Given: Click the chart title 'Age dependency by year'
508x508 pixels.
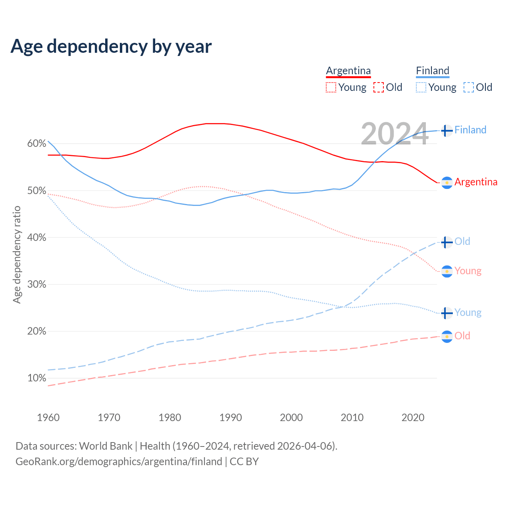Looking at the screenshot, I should (111, 46).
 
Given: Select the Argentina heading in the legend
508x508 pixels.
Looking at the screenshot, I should (348, 71).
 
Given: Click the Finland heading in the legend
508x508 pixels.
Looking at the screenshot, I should (433, 71).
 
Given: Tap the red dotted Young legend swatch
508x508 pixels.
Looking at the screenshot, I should (331, 87).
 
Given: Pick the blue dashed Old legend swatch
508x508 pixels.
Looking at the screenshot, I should (468, 87).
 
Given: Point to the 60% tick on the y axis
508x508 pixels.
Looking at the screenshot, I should (37, 144).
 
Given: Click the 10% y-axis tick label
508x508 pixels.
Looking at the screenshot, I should (37, 378).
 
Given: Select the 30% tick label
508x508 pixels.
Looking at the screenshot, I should (37, 284).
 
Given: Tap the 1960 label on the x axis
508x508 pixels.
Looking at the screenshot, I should (48, 418).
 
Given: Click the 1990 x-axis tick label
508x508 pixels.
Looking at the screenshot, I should (231, 418).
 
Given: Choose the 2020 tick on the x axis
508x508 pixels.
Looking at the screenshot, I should (413, 418).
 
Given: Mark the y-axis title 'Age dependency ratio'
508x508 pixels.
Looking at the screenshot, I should (17, 254).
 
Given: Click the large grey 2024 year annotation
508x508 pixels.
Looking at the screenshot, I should (394, 134).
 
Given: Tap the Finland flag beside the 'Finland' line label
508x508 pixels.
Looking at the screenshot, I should (447, 130).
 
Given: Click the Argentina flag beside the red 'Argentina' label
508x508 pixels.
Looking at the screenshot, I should (447, 183).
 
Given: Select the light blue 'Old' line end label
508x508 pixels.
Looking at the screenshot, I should (462, 241).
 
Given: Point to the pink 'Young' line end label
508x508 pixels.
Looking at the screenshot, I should (468, 271).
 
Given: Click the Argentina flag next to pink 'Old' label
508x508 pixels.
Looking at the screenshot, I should (447, 337).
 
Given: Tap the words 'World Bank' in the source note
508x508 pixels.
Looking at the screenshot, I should (106, 446).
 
